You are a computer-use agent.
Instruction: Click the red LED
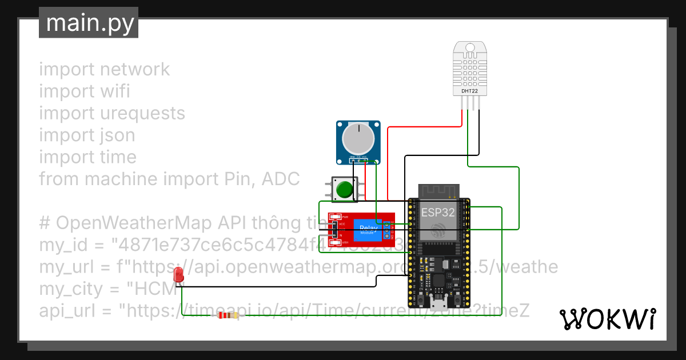click(179, 273)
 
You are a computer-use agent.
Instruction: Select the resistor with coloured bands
click(229, 315)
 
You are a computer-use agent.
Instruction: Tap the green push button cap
click(344, 189)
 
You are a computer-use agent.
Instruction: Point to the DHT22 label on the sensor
click(470, 91)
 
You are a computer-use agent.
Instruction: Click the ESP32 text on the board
click(439, 212)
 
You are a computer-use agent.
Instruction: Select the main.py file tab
click(89, 23)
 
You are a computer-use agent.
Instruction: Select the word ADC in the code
click(280, 179)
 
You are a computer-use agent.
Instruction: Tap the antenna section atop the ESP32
click(439, 191)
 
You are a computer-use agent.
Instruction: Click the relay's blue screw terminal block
click(387, 230)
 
